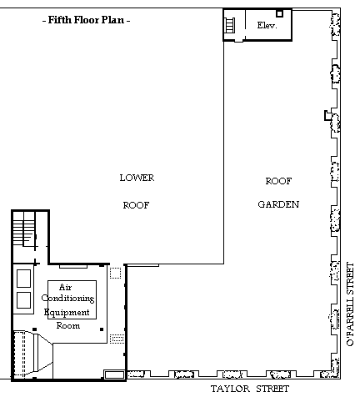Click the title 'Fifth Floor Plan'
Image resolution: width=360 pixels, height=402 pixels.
(86, 20)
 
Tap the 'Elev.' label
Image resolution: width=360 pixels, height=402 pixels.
(267, 25)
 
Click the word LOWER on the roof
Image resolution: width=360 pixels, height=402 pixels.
(137, 178)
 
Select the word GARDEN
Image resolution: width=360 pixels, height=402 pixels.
(278, 204)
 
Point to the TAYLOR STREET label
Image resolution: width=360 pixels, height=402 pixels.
(250, 389)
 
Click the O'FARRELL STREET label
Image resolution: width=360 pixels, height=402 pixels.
(351, 304)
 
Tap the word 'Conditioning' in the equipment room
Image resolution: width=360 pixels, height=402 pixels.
(68, 299)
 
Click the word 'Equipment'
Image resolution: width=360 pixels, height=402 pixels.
(67, 313)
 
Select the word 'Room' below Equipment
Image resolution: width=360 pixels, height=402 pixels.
(68, 325)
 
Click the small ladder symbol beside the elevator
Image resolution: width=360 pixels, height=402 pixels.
(230, 25)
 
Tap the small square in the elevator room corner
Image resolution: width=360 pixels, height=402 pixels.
(279, 13)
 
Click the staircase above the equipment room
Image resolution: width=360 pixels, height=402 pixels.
(24, 229)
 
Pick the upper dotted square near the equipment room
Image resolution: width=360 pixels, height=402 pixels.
(115, 273)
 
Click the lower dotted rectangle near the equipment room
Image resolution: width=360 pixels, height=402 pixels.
(117, 339)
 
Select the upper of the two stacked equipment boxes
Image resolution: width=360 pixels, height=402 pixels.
(23, 279)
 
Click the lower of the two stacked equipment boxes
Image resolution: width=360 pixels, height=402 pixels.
(23, 300)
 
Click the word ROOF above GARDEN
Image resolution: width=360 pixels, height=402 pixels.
(278, 181)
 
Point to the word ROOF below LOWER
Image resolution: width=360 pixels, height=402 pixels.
(136, 205)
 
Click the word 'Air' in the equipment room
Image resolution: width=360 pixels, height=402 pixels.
(66, 287)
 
